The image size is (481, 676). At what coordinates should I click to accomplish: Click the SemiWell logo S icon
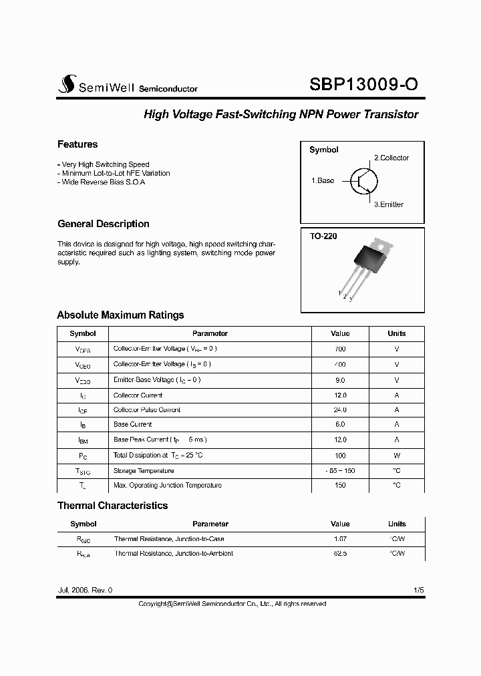[x=65, y=84]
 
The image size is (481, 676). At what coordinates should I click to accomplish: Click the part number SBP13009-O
[x=364, y=84]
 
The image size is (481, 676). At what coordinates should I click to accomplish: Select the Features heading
[x=77, y=144]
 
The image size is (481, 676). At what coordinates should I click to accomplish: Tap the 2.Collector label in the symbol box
[x=391, y=158]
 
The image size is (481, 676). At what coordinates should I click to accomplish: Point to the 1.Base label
[x=323, y=180]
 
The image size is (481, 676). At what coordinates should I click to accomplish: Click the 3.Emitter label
[x=388, y=204]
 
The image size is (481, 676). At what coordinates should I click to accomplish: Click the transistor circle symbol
[x=363, y=180]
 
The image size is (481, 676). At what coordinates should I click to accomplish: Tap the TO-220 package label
[x=322, y=236]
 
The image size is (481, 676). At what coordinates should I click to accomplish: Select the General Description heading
[x=104, y=224]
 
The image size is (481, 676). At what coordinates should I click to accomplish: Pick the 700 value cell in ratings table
[x=340, y=349]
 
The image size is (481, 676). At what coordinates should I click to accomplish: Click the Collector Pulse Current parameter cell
[x=147, y=409]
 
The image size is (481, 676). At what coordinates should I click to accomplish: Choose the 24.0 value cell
[x=340, y=409]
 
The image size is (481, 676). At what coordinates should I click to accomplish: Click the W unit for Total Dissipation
[x=397, y=455]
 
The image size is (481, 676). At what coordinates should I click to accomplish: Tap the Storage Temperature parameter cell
[x=144, y=470]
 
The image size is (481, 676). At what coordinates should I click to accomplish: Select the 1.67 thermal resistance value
[x=340, y=538]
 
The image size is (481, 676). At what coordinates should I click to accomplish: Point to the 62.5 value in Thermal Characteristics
[x=340, y=553]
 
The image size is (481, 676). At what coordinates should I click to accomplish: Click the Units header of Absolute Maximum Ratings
[x=397, y=333]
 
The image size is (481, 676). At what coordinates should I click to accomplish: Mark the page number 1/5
[x=418, y=590]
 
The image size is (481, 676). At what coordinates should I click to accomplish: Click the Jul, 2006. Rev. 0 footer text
[x=86, y=590]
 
